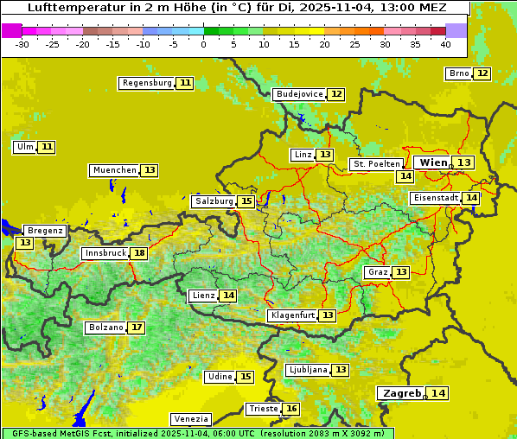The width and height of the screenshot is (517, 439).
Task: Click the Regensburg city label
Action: point(147,83)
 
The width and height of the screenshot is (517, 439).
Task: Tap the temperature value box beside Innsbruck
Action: point(139,253)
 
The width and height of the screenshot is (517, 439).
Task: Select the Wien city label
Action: point(433,162)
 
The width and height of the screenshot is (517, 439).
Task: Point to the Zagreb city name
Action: point(400,393)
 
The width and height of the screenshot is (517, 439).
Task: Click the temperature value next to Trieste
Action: point(292,409)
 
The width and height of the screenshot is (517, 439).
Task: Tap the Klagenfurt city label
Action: point(292,315)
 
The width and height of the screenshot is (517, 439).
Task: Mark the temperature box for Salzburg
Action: point(246,201)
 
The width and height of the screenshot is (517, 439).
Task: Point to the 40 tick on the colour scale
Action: point(445,43)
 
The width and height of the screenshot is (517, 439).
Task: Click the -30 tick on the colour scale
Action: point(22,43)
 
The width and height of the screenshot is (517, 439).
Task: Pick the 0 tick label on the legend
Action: point(203,43)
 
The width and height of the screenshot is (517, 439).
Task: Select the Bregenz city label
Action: point(45,231)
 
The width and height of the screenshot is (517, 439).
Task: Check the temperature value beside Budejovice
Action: point(336,94)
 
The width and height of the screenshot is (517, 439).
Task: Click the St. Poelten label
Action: point(376,163)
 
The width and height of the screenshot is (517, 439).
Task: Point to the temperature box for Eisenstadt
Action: point(471,198)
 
